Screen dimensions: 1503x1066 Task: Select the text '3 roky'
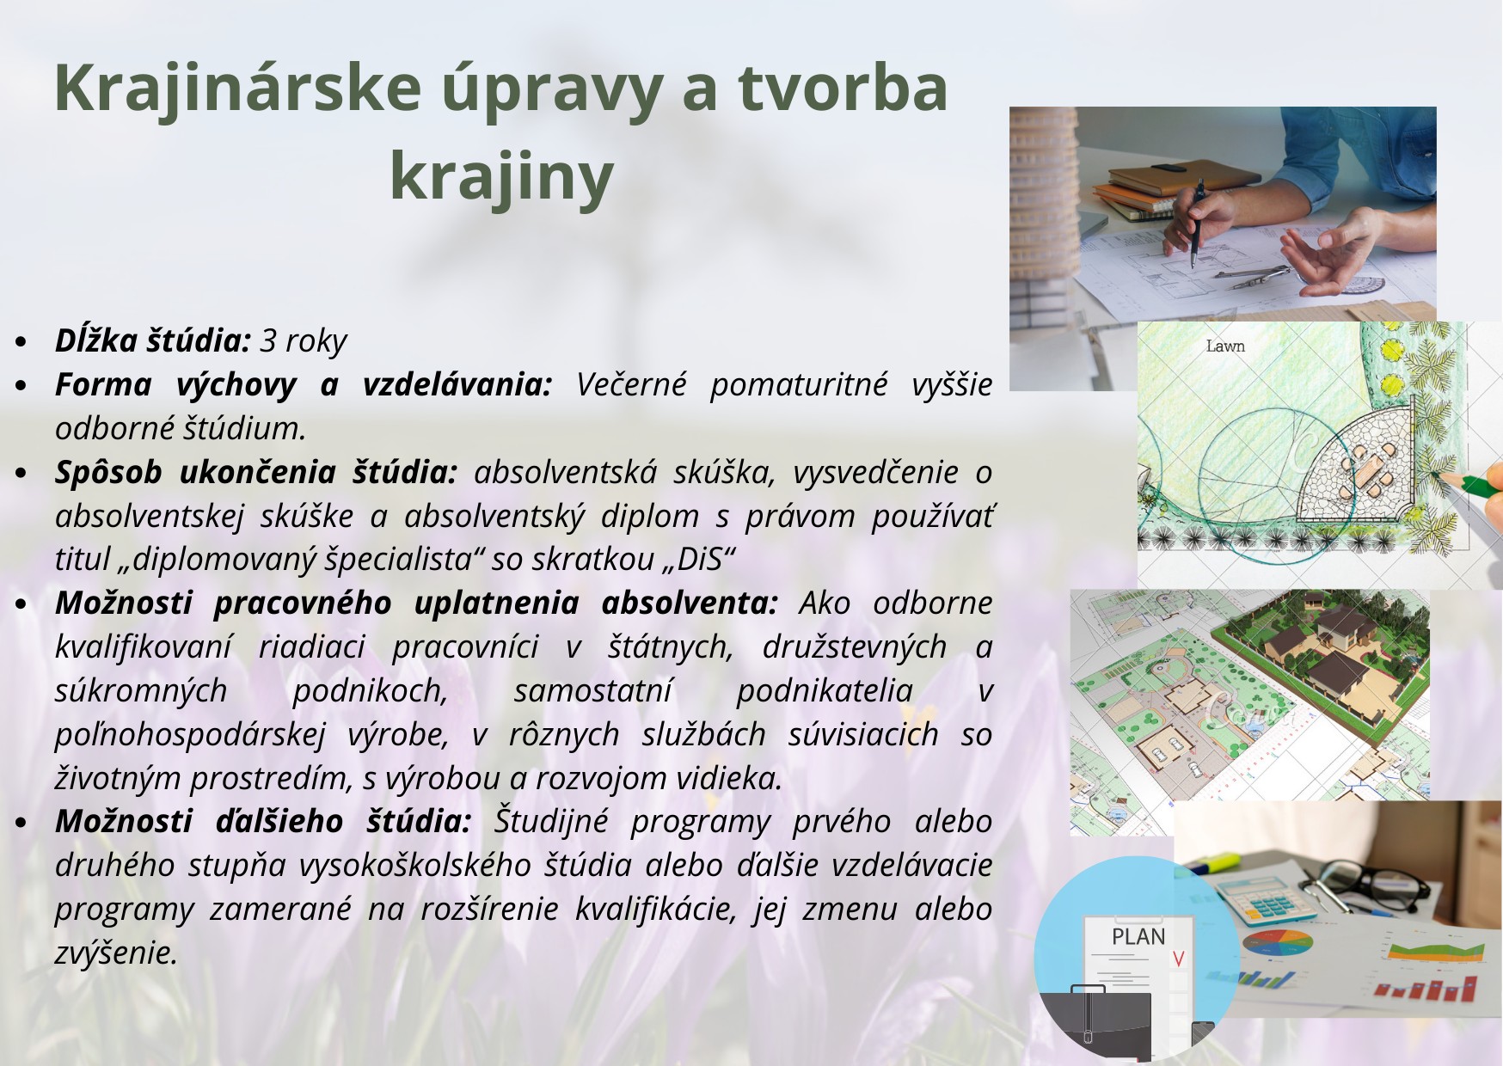(x=304, y=342)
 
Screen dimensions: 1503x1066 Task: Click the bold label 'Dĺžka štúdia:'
(x=152, y=341)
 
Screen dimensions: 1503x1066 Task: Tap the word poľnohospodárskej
(x=190, y=736)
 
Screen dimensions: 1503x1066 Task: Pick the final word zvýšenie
(x=116, y=953)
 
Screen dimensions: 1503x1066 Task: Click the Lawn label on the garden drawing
(x=1225, y=346)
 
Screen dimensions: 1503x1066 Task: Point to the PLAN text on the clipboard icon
(x=1138, y=937)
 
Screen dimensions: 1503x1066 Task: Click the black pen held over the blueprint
(x=1196, y=225)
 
